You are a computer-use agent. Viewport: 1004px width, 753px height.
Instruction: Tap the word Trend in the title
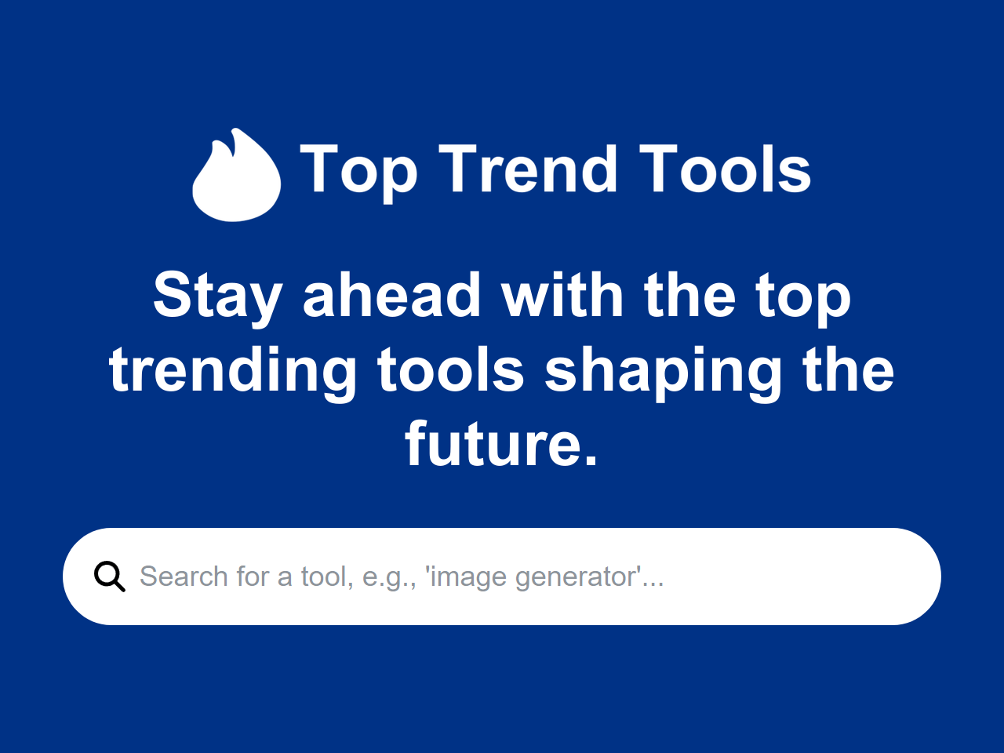click(x=527, y=169)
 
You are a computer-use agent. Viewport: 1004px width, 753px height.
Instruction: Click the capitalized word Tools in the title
click(x=725, y=169)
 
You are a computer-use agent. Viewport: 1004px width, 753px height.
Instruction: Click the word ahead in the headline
click(x=391, y=296)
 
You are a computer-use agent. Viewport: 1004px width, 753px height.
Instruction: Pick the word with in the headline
click(x=563, y=296)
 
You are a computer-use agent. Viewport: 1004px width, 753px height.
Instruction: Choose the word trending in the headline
click(x=233, y=372)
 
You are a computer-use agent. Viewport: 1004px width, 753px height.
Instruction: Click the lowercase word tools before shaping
click(x=450, y=370)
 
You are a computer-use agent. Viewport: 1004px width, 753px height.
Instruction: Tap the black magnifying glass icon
click(x=109, y=577)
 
